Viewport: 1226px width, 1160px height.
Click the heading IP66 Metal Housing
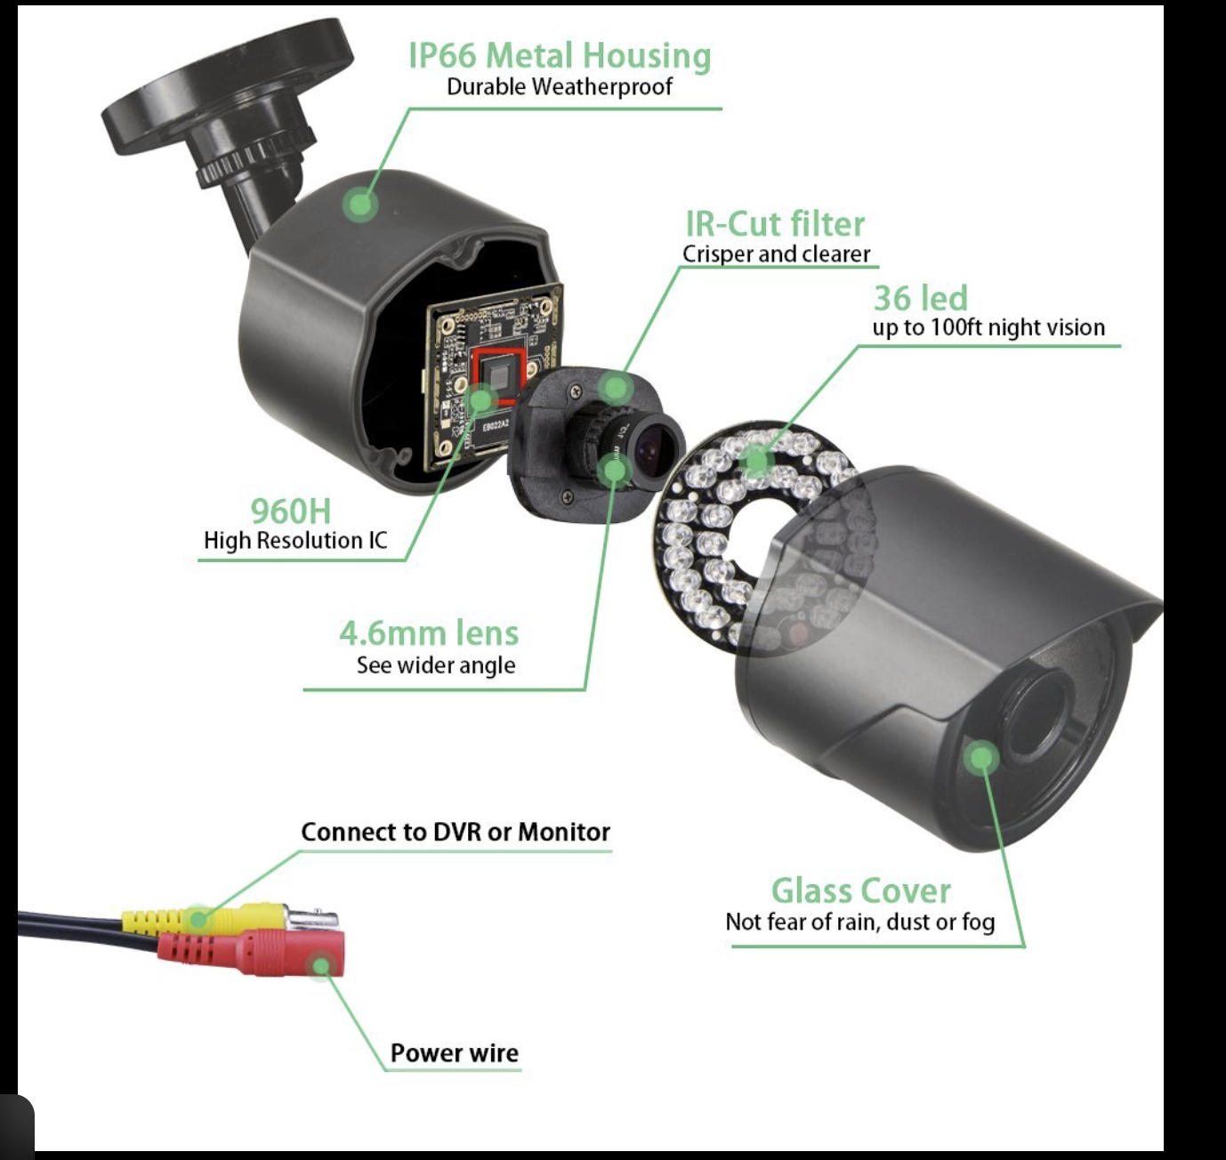point(560,55)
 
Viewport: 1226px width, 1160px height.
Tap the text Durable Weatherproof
point(560,87)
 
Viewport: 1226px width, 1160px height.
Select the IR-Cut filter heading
point(775,223)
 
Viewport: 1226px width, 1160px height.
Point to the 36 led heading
point(920,298)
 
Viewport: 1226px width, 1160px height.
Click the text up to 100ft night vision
point(988,327)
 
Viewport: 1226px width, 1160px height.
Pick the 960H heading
point(290,512)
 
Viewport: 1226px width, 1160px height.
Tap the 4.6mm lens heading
point(429,633)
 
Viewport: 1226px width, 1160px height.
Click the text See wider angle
point(436,665)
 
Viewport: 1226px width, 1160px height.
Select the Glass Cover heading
point(860,890)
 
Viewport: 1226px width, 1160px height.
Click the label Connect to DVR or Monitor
point(456,832)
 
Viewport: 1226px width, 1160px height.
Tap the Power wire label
point(454,1053)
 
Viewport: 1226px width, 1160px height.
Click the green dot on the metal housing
point(360,204)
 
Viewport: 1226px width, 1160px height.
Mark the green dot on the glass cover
point(980,758)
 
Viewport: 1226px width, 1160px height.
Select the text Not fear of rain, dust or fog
point(859,922)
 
